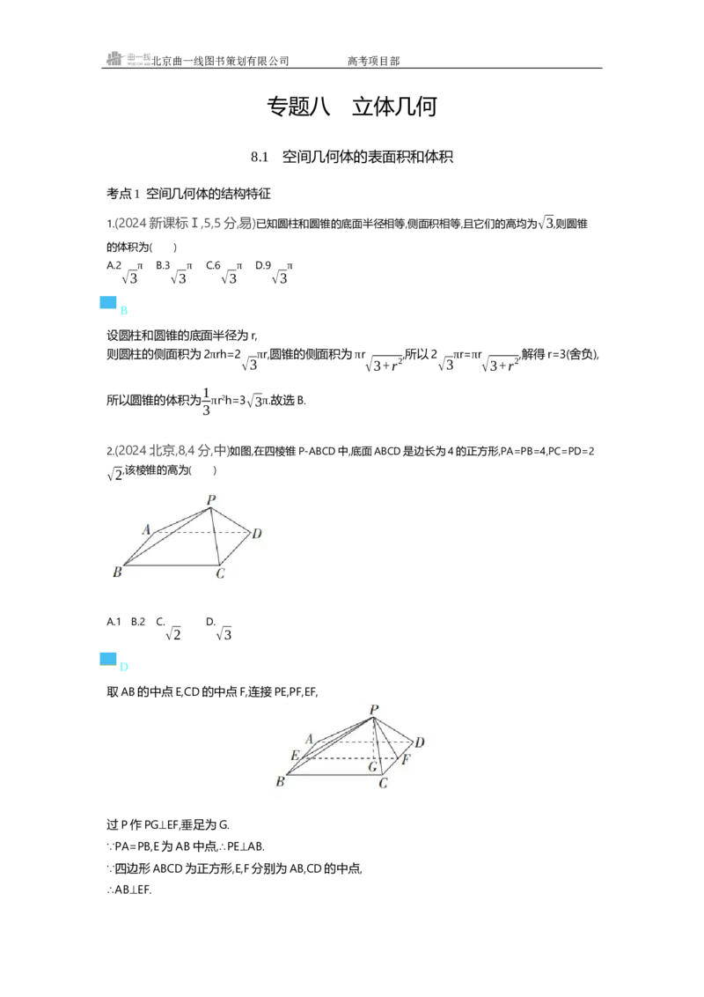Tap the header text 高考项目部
tap(374, 61)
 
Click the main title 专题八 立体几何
tap(351, 107)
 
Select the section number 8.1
tap(260, 157)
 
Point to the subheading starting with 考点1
tap(188, 193)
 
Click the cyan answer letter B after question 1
tap(124, 311)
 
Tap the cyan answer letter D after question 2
tap(124, 667)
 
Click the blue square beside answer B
tap(108, 303)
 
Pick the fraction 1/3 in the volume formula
tap(206, 402)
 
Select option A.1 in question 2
tap(114, 621)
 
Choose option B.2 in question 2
tap(138, 621)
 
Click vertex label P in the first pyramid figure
tap(211, 499)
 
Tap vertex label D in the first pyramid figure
tap(257, 534)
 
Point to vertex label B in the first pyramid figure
tap(117, 572)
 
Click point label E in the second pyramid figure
tap(295, 756)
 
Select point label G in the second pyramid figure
tap(373, 767)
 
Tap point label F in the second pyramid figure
tap(406, 759)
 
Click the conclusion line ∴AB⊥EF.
tap(129, 890)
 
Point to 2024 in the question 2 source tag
tap(132, 451)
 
